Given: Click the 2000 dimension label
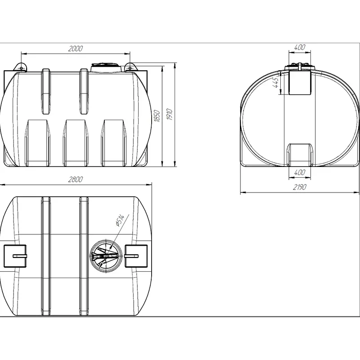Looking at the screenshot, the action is (x=76, y=49).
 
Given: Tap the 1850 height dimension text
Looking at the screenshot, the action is (x=157, y=116).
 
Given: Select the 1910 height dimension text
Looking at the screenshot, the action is (x=170, y=115).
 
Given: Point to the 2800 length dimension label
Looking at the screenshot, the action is (x=75, y=179).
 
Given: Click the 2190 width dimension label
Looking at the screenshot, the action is (x=300, y=187).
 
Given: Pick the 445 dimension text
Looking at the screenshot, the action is (x=275, y=82).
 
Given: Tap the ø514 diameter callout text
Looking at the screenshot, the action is (x=120, y=220).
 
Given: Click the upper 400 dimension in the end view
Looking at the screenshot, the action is (x=300, y=47).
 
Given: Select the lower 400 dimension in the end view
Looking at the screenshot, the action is (x=300, y=172).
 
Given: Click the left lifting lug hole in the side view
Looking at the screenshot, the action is (x=21, y=68).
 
